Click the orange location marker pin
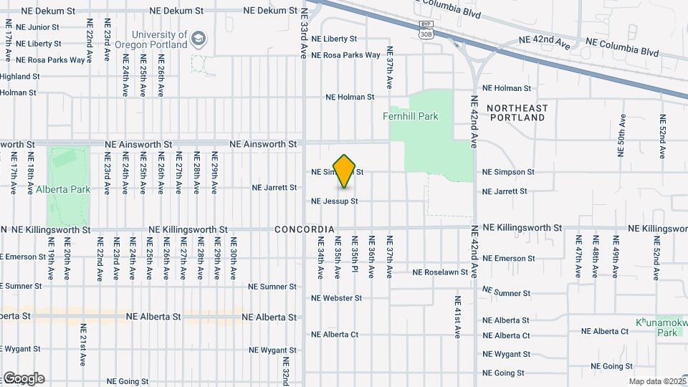click(345, 171)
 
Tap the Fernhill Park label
click(430, 116)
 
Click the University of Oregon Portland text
click(158, 39)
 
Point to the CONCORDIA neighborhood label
click(305, 229)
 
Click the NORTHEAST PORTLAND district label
click(517, 113)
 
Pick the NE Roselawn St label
click(440, 272)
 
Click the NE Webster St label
click(336, 297)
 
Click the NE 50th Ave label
click(621, 135)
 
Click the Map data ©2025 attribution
click(656, 381)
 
